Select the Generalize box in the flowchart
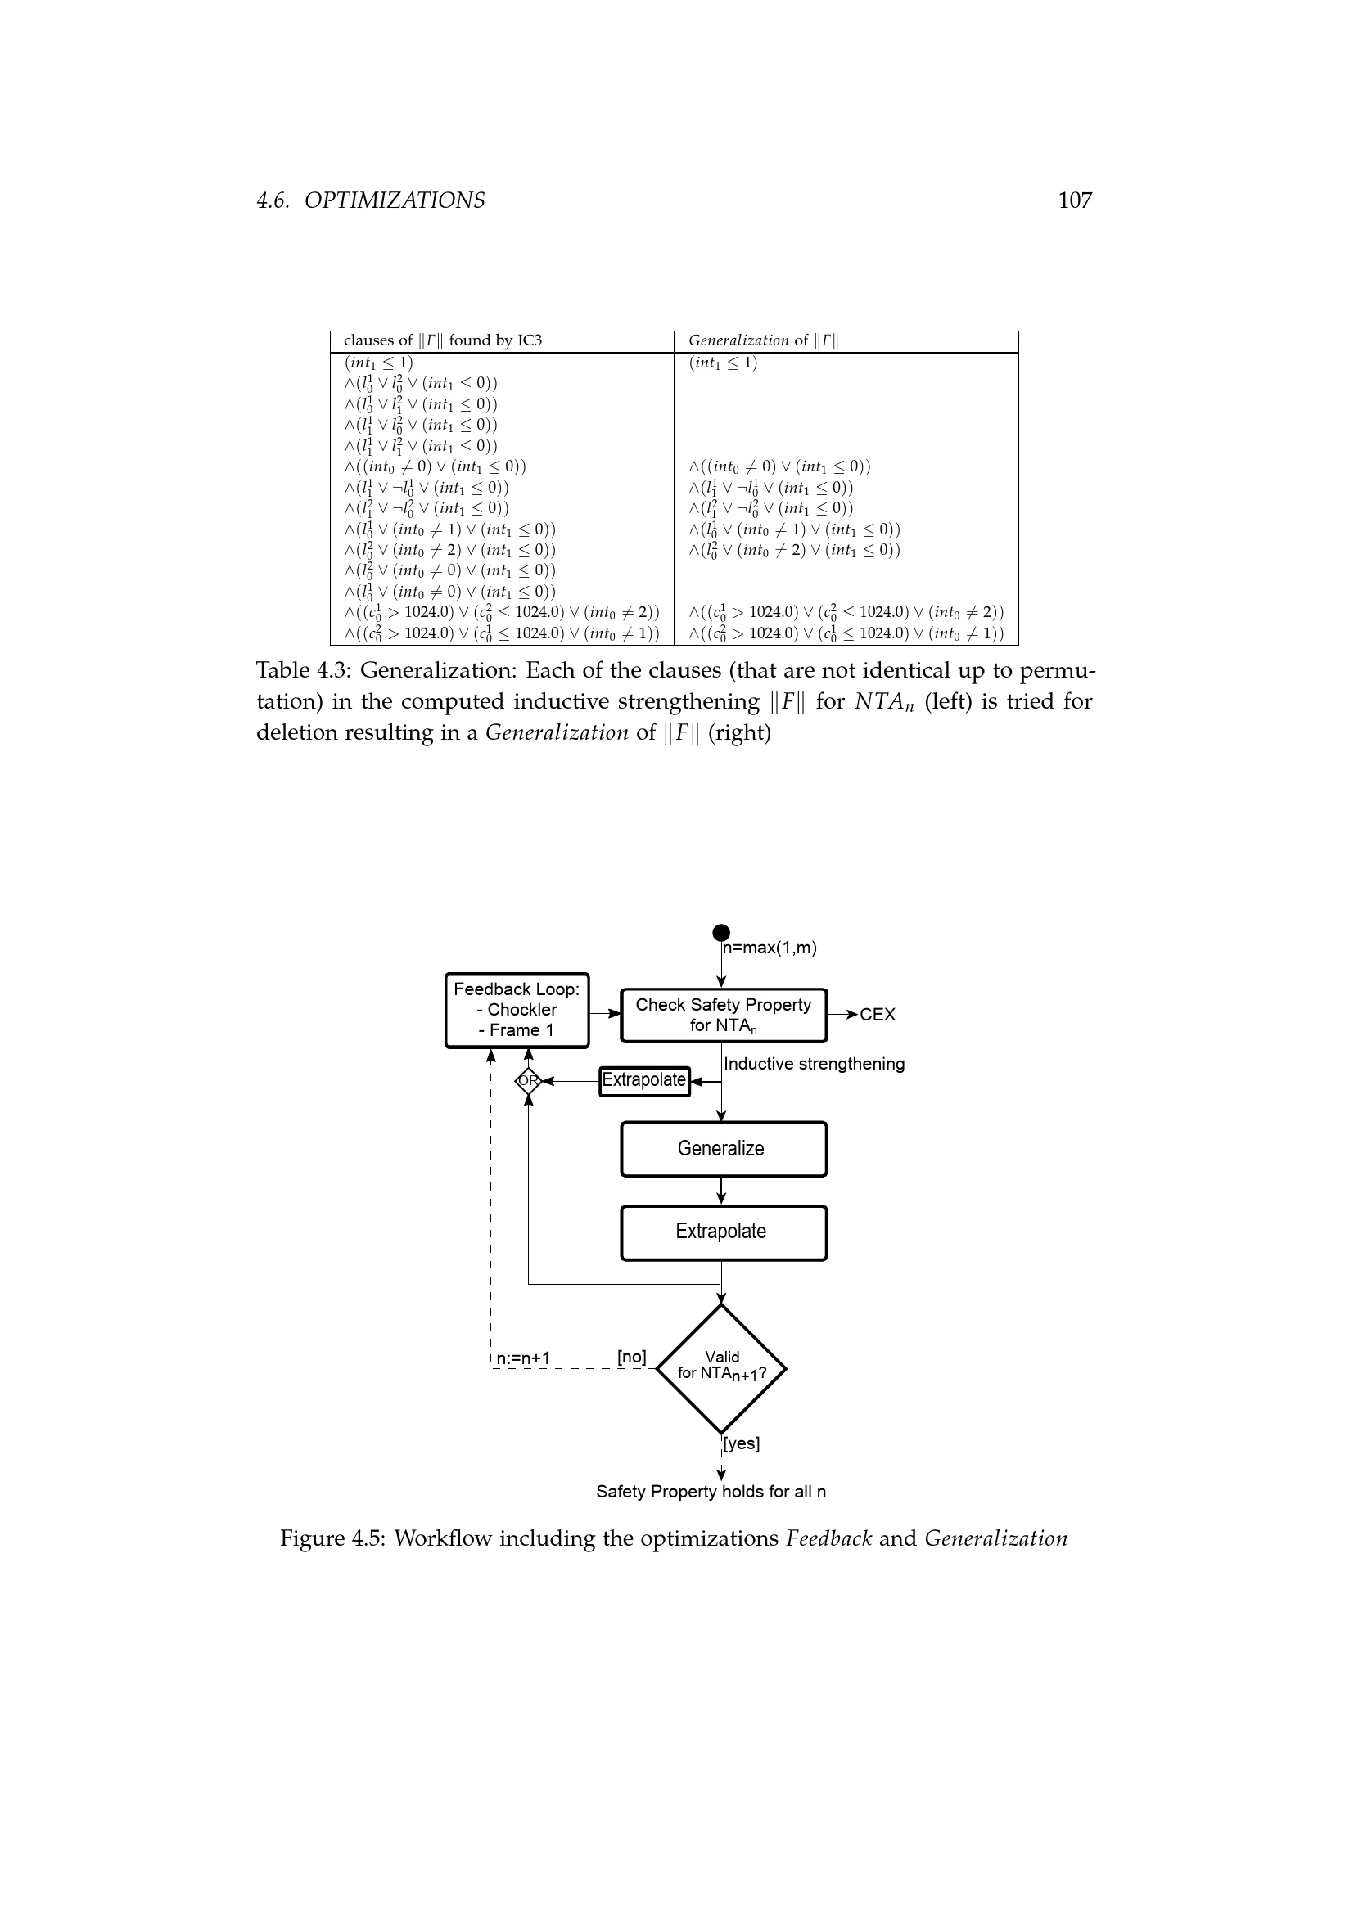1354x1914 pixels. (x=724, y=1149)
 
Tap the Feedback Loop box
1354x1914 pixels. (x=517, y=1010)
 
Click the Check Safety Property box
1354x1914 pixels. (x=724, y=1015)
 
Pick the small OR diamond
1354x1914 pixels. (x=528, y=1081)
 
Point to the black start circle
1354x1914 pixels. (x=721, y=932)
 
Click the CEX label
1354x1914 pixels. (x=877, y=1015)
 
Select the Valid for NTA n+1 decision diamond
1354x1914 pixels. (x=721, y=1369)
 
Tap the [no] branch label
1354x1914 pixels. (x=631, y=1357)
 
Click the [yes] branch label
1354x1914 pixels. (x=741, y=1443)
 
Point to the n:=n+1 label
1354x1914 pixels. (x=523, y=1359)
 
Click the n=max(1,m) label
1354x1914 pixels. (x=770, y=948)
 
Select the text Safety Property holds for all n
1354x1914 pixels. (x=711, y=1492)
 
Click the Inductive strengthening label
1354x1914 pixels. (x=814, y=1064)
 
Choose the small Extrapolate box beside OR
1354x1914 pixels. (x=644, y=1081)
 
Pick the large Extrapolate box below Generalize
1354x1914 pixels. (x=724, y=1232)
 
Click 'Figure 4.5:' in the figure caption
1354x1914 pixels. (x=332, y=1538)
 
